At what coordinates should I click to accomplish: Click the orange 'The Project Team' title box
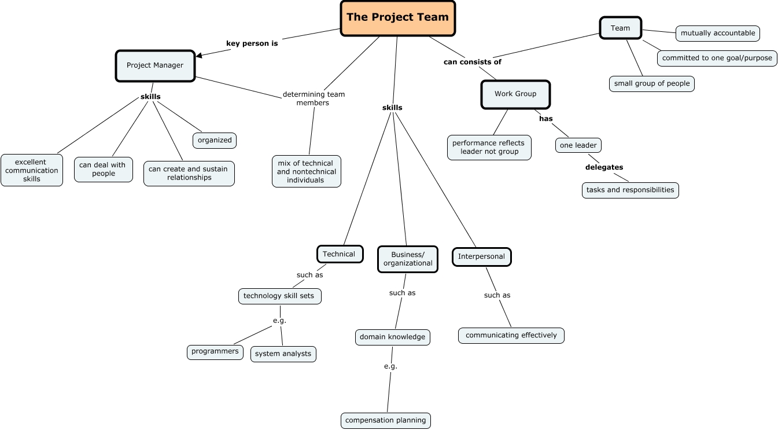click(x=398, y=17)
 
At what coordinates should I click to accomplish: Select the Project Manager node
click(x=155, y=65)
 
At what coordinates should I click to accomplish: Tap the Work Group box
click(x=515, y=94)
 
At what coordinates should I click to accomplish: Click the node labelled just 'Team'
click(x=620, y=28)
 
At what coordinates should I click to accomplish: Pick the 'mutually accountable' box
click(x=717, y=33)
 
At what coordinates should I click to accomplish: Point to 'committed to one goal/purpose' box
click(x=717, y=58)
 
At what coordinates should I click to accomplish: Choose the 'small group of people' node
click(x=652, y=83)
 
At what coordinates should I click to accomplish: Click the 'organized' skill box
click(x=215, y=140)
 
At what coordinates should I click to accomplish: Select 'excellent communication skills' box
click(x=32, y=170)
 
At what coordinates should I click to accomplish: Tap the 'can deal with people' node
click(x=104, y=169)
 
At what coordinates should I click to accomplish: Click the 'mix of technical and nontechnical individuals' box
click(x=307, y=171)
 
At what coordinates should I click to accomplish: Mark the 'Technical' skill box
click(x=340, y=254)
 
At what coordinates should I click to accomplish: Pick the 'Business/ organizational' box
click(x=408, y=259)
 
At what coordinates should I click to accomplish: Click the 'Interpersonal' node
click(x=481, y=256)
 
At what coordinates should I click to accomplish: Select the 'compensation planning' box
click(x=386, y=420)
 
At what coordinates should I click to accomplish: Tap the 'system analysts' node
click(x=283, y=354)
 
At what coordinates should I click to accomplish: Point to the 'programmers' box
click(x=215, y=351)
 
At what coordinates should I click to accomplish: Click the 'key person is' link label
click(x=252, y=43)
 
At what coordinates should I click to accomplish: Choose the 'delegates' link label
click(x=604, y=167)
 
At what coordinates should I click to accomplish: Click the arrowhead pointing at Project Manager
click(x=200, y=56)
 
